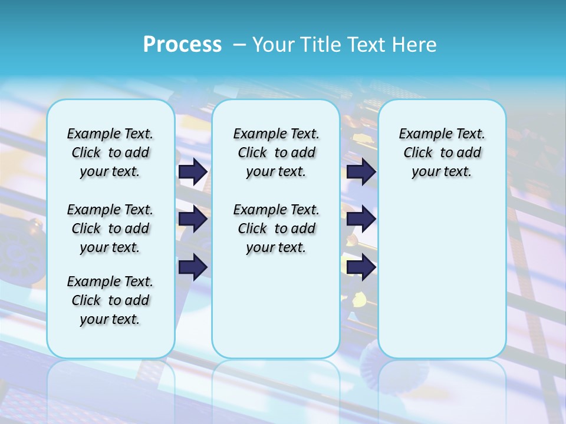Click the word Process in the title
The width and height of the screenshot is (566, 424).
click(x=182, y=44)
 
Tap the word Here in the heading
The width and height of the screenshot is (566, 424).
click(x=415, y=44)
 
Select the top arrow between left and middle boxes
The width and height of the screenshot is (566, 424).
click(x=193, y=171)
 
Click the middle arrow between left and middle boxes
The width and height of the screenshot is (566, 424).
click(x=193, y=219)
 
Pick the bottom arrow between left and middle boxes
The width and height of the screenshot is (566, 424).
click(x=193, y=267)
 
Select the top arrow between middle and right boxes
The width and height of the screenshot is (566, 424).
click(x=361, y=171)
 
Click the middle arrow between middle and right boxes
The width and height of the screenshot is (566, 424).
click(x=361, y=219)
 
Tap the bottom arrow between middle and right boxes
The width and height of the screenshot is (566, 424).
click(x=361, y=267)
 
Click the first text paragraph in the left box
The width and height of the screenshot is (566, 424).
click(x=110, y=153)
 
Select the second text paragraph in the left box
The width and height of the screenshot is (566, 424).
click(x=110, y=228)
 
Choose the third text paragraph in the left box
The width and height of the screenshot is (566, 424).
click(x=110, y=300)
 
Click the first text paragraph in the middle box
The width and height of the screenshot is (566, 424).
click(x=276, y=153)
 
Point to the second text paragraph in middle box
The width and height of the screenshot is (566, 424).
click(x=276, y=228)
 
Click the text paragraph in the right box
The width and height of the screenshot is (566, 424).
click(x=442, y=153)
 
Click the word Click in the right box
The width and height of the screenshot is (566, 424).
click(x=418, y=153)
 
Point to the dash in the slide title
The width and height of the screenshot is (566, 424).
click(x=239, y=45)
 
